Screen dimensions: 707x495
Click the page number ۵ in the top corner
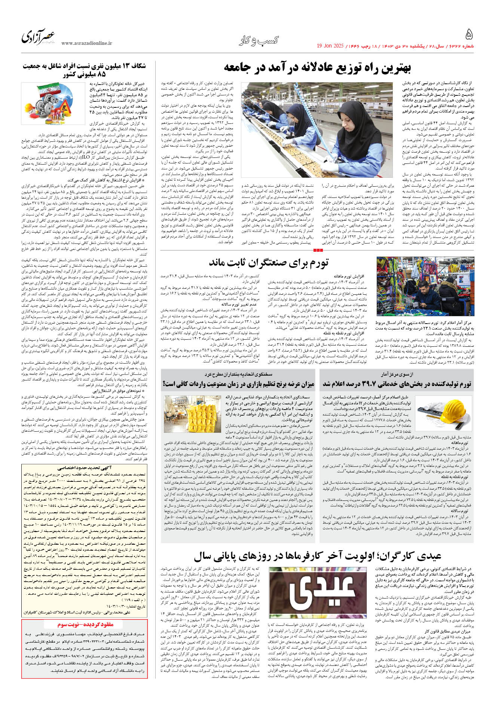[469, 35]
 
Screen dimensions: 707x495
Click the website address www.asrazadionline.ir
[86, 43]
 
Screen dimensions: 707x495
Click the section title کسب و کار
[259, 41]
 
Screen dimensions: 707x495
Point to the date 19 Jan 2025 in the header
[330, 46]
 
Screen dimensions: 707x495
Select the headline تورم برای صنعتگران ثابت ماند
[269, 263]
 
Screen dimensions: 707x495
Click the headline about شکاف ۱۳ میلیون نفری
[84, 70]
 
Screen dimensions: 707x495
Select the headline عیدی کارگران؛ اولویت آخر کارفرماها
[317, 556]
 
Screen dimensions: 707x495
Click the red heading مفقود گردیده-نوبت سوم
[85, 625]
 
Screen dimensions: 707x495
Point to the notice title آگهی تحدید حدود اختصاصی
[85, 468]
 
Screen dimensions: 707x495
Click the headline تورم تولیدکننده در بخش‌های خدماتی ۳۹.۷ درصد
[397, 384]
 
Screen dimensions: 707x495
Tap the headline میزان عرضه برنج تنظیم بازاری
[238, 384]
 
